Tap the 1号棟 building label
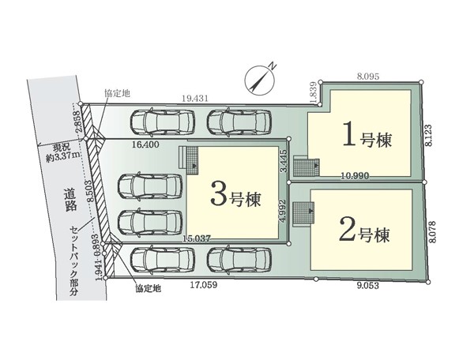pyautogui.click(x=367, y=137)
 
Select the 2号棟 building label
pyautogui.click(x=364, y=231)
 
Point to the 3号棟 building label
pyautogui.click(x=235, y=197)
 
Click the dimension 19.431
pyautogui.click(x=195, y=99)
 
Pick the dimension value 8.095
pyautogui.click(x=367, y=77)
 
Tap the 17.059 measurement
pyautogui.click(x=204, y=285)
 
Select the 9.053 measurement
pyautogui.click(x=367, y=286)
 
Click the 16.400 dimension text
pyautogui.click(x=145, y=144)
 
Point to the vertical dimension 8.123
pyautogui.click(x=429, y=136)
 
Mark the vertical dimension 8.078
pyautogui.click(x=433, y=232)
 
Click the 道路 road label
pyautogui.click(x=70, y=199)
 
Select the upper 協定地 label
pyautogui.click(x=117, y=94)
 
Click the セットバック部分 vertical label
pyautogui.click(x=74, y=261)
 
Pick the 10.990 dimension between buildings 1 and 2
pyautogui.click(x=355, y=175)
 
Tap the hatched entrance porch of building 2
pyautogui.click(x=303, y=213)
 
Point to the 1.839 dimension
pyautogui.click(x=314, y=92)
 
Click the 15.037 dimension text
pyautogui.click(x=197, y=238)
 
